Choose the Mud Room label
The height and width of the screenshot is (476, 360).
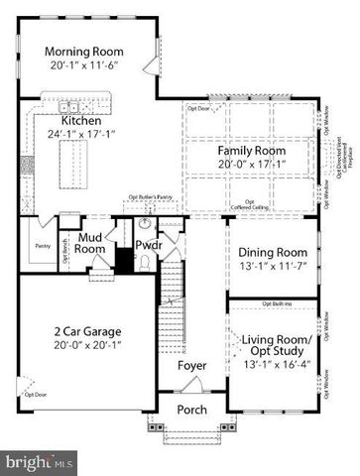coord(92,244)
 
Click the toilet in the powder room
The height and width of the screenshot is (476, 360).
coord(145,262)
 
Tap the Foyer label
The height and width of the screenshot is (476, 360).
coord(191,366)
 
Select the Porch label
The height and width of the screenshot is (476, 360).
coord(191,410)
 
